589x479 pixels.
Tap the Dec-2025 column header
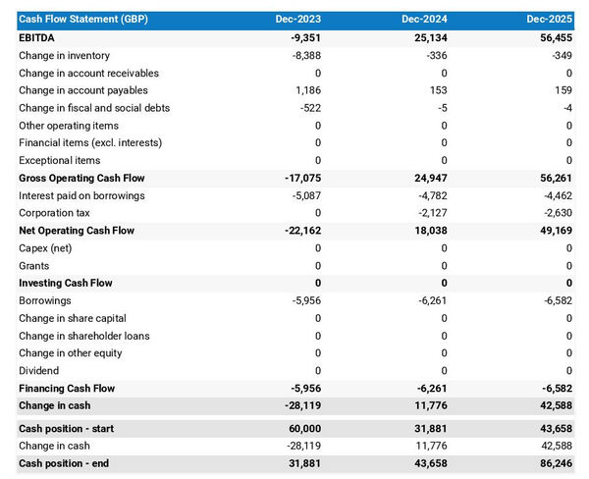tap(551, 20)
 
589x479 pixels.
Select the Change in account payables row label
tap(77, 90)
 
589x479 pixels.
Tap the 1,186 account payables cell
tap(307, 90)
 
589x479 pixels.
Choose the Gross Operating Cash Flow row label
tap(81, 179)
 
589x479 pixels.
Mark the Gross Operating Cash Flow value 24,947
tap(428, 179)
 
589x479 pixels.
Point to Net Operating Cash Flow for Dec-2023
tap(299, 231)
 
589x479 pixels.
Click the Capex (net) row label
tap(46, 248)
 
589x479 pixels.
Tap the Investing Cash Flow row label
tap(66, 283)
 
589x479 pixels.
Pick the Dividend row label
tap(39, 371)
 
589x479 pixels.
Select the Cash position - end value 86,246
tap(554, 463)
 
